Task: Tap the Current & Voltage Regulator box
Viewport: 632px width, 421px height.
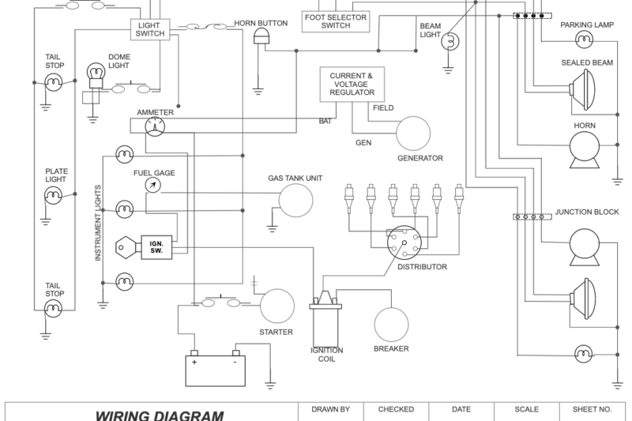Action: pos(352,84)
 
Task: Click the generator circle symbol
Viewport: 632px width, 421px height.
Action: pos(412,133)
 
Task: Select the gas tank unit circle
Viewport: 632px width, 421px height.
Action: pos(294,203)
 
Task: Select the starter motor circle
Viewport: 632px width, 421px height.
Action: pos(277,306)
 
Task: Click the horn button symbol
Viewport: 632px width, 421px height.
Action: pos(261,38)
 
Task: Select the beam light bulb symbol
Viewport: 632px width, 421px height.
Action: pos(450,40)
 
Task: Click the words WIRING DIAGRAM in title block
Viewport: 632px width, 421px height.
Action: pos(160,415)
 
